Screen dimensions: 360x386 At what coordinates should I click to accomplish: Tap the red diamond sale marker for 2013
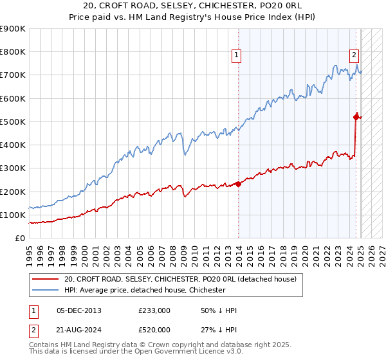(238, 184)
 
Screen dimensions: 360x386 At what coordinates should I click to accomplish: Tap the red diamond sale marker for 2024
(356, 116)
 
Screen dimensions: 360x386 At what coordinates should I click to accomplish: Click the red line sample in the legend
(45, 279)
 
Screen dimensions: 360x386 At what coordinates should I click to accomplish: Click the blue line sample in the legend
(45, 290)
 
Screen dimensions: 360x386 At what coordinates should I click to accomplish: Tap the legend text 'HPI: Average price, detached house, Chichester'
(145, 290)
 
